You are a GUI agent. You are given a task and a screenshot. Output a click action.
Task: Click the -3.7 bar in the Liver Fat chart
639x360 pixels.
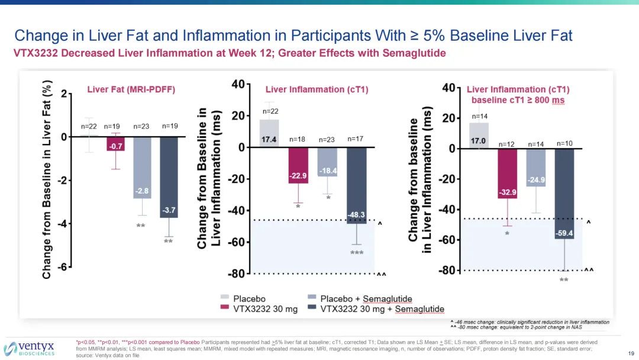169,178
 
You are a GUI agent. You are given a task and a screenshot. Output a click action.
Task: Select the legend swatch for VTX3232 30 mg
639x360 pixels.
225,308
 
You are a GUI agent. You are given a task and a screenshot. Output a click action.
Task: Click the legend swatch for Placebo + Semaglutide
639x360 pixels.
311,298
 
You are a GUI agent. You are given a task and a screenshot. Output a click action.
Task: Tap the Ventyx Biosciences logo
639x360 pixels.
30,348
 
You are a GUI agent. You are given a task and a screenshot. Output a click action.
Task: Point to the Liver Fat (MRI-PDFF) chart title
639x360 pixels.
131,90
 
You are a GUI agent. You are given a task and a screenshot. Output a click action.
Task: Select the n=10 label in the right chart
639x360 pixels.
565,143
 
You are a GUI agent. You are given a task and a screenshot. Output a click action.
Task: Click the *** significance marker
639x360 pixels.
356,253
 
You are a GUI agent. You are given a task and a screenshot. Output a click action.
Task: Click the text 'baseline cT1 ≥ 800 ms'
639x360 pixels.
518,100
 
